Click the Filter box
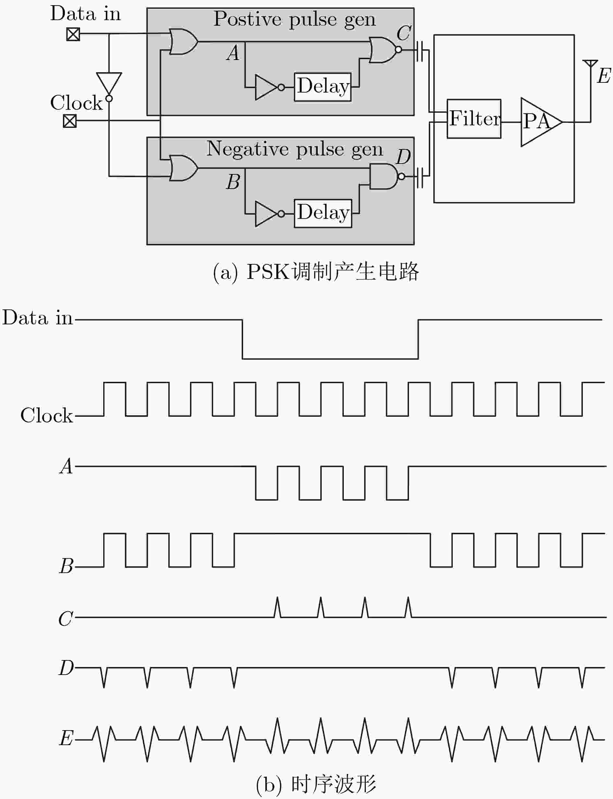pos(474,119)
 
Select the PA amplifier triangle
pos(541,122)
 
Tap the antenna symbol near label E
pos(590,64)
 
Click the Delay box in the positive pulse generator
pos(323,87)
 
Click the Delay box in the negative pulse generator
pos(323,213)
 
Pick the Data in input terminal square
pos(73,34)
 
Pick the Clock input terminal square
pos(70,120)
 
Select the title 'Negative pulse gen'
pos(295,149)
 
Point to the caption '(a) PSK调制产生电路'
pos(316,272)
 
